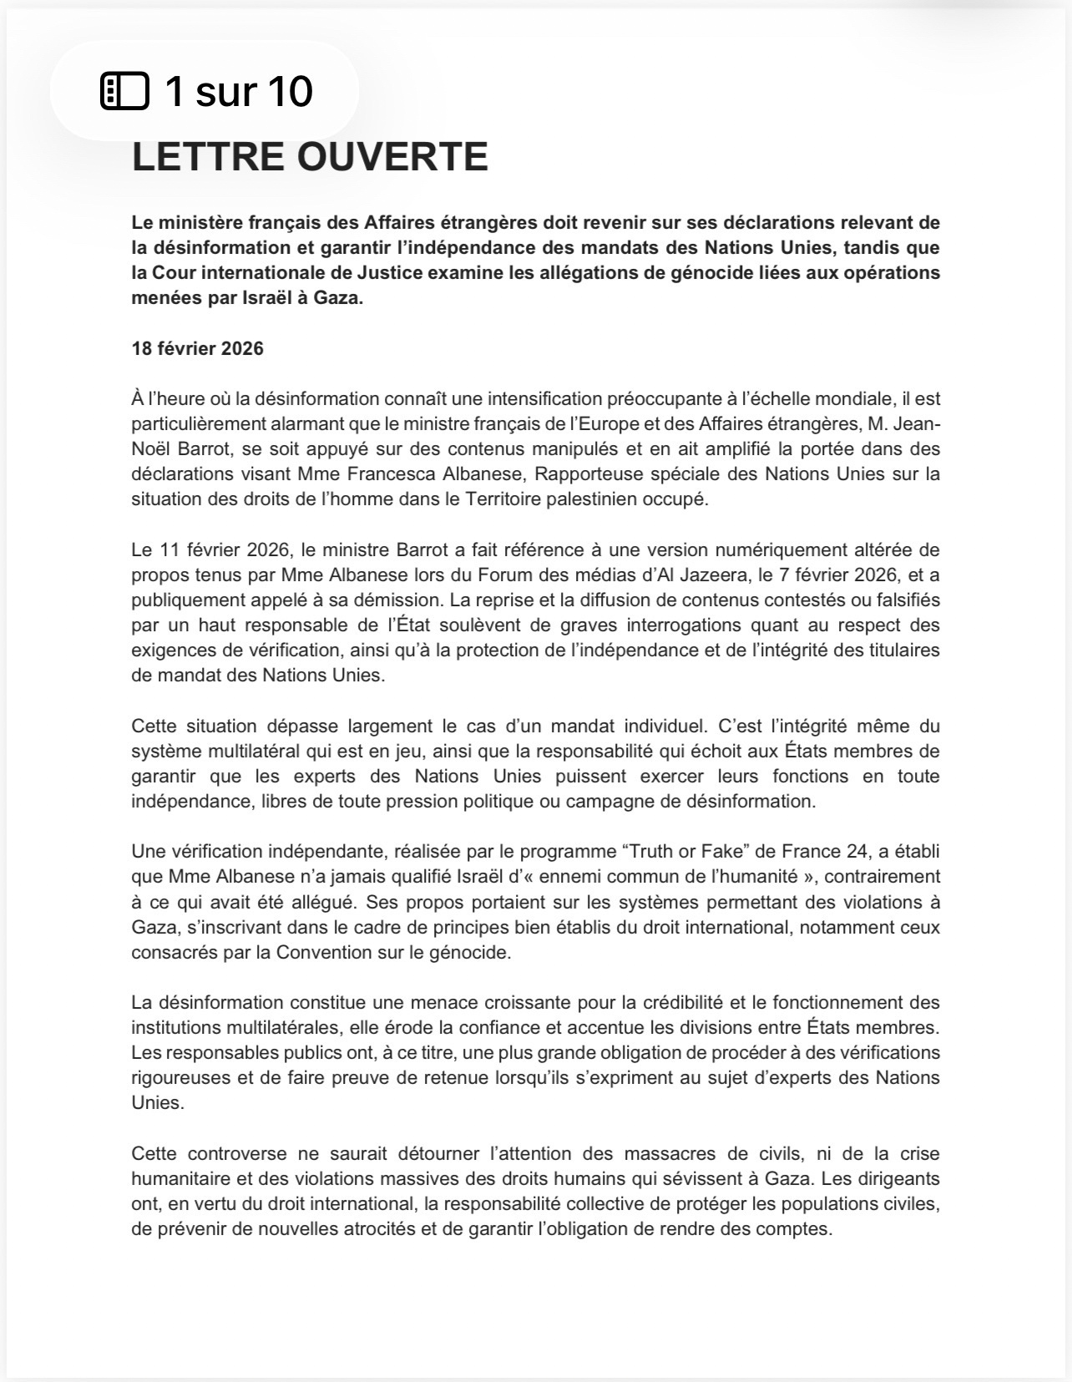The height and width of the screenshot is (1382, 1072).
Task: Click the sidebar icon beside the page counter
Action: coord(124,91)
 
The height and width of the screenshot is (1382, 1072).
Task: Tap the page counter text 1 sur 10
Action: coord(239,91)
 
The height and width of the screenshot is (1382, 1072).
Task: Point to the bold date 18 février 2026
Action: coord(197,349)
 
